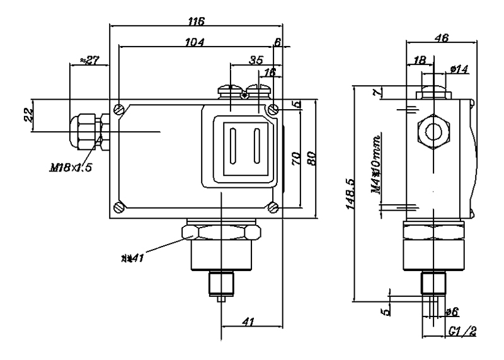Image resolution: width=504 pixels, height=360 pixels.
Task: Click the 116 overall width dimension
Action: click(197, 21)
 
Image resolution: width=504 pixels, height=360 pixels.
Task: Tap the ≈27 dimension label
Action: click(89, 61)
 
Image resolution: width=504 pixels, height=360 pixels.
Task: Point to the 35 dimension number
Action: click(256, 61)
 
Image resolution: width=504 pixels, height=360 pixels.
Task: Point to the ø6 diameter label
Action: click(452, 311)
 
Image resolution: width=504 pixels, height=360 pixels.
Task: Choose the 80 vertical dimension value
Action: click(310, 157)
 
